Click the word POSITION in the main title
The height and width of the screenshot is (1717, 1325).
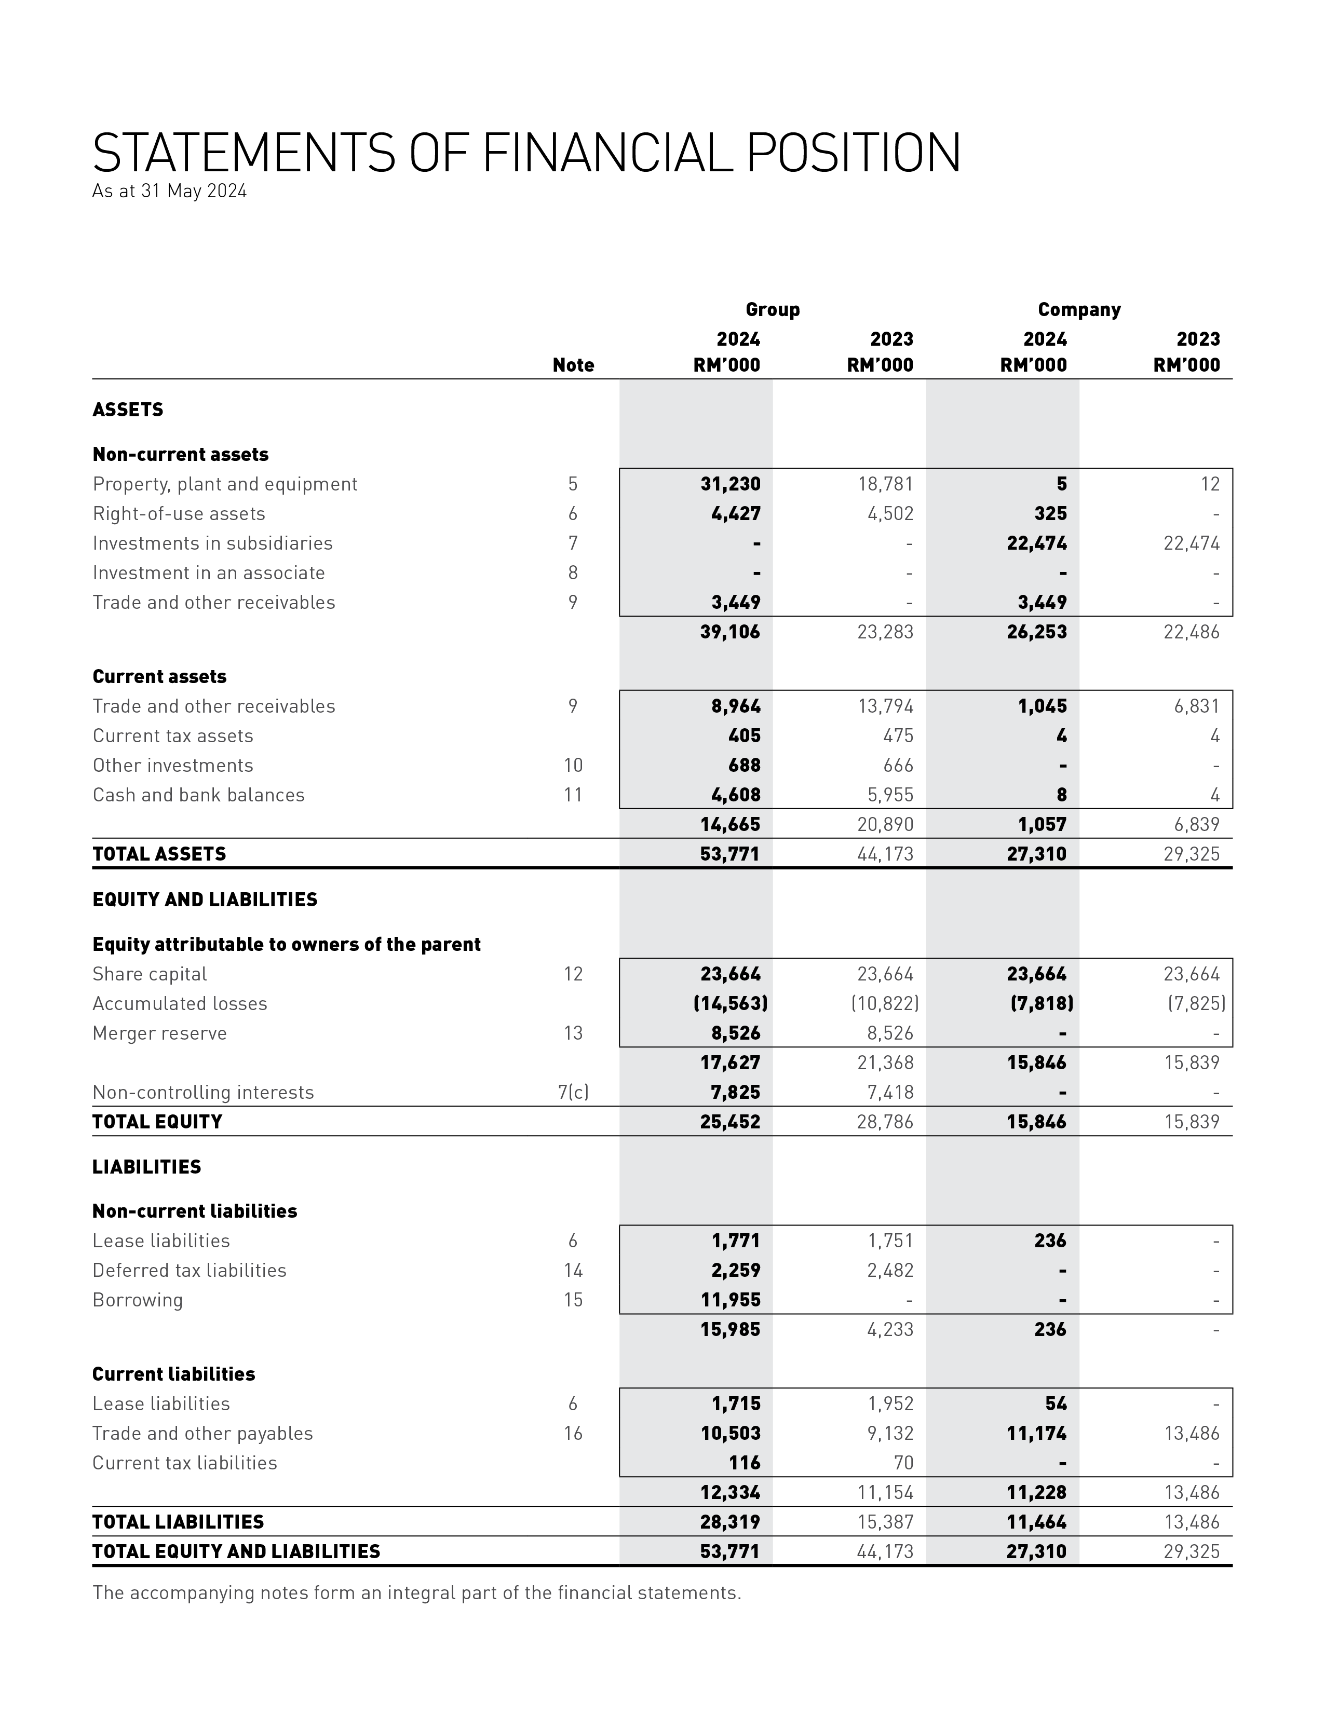pyautogui.click(x=853, y=153)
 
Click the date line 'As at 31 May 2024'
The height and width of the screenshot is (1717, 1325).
pyautogui.click(x=169, y=191)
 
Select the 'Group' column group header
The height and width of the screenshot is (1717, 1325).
pyautogui.click(x=772, y=310)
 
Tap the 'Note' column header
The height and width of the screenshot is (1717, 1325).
pyautogui.click(x=573, y=365)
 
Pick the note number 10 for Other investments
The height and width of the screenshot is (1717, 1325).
pyautogui.click(x=573, y=766)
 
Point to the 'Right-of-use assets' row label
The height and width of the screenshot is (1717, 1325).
pyautogui.click(x=179, y=514)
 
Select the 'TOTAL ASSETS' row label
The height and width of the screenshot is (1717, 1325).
pyautogui.click(x=159, y=854)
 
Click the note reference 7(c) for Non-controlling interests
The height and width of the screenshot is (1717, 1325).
pyautogui.click(x=573, y=1093)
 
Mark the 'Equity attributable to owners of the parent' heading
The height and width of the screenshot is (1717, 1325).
pyautogui.click(x=286, y=945)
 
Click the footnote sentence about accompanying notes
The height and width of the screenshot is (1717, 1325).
pyautogui.click(x=417, y=1593)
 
